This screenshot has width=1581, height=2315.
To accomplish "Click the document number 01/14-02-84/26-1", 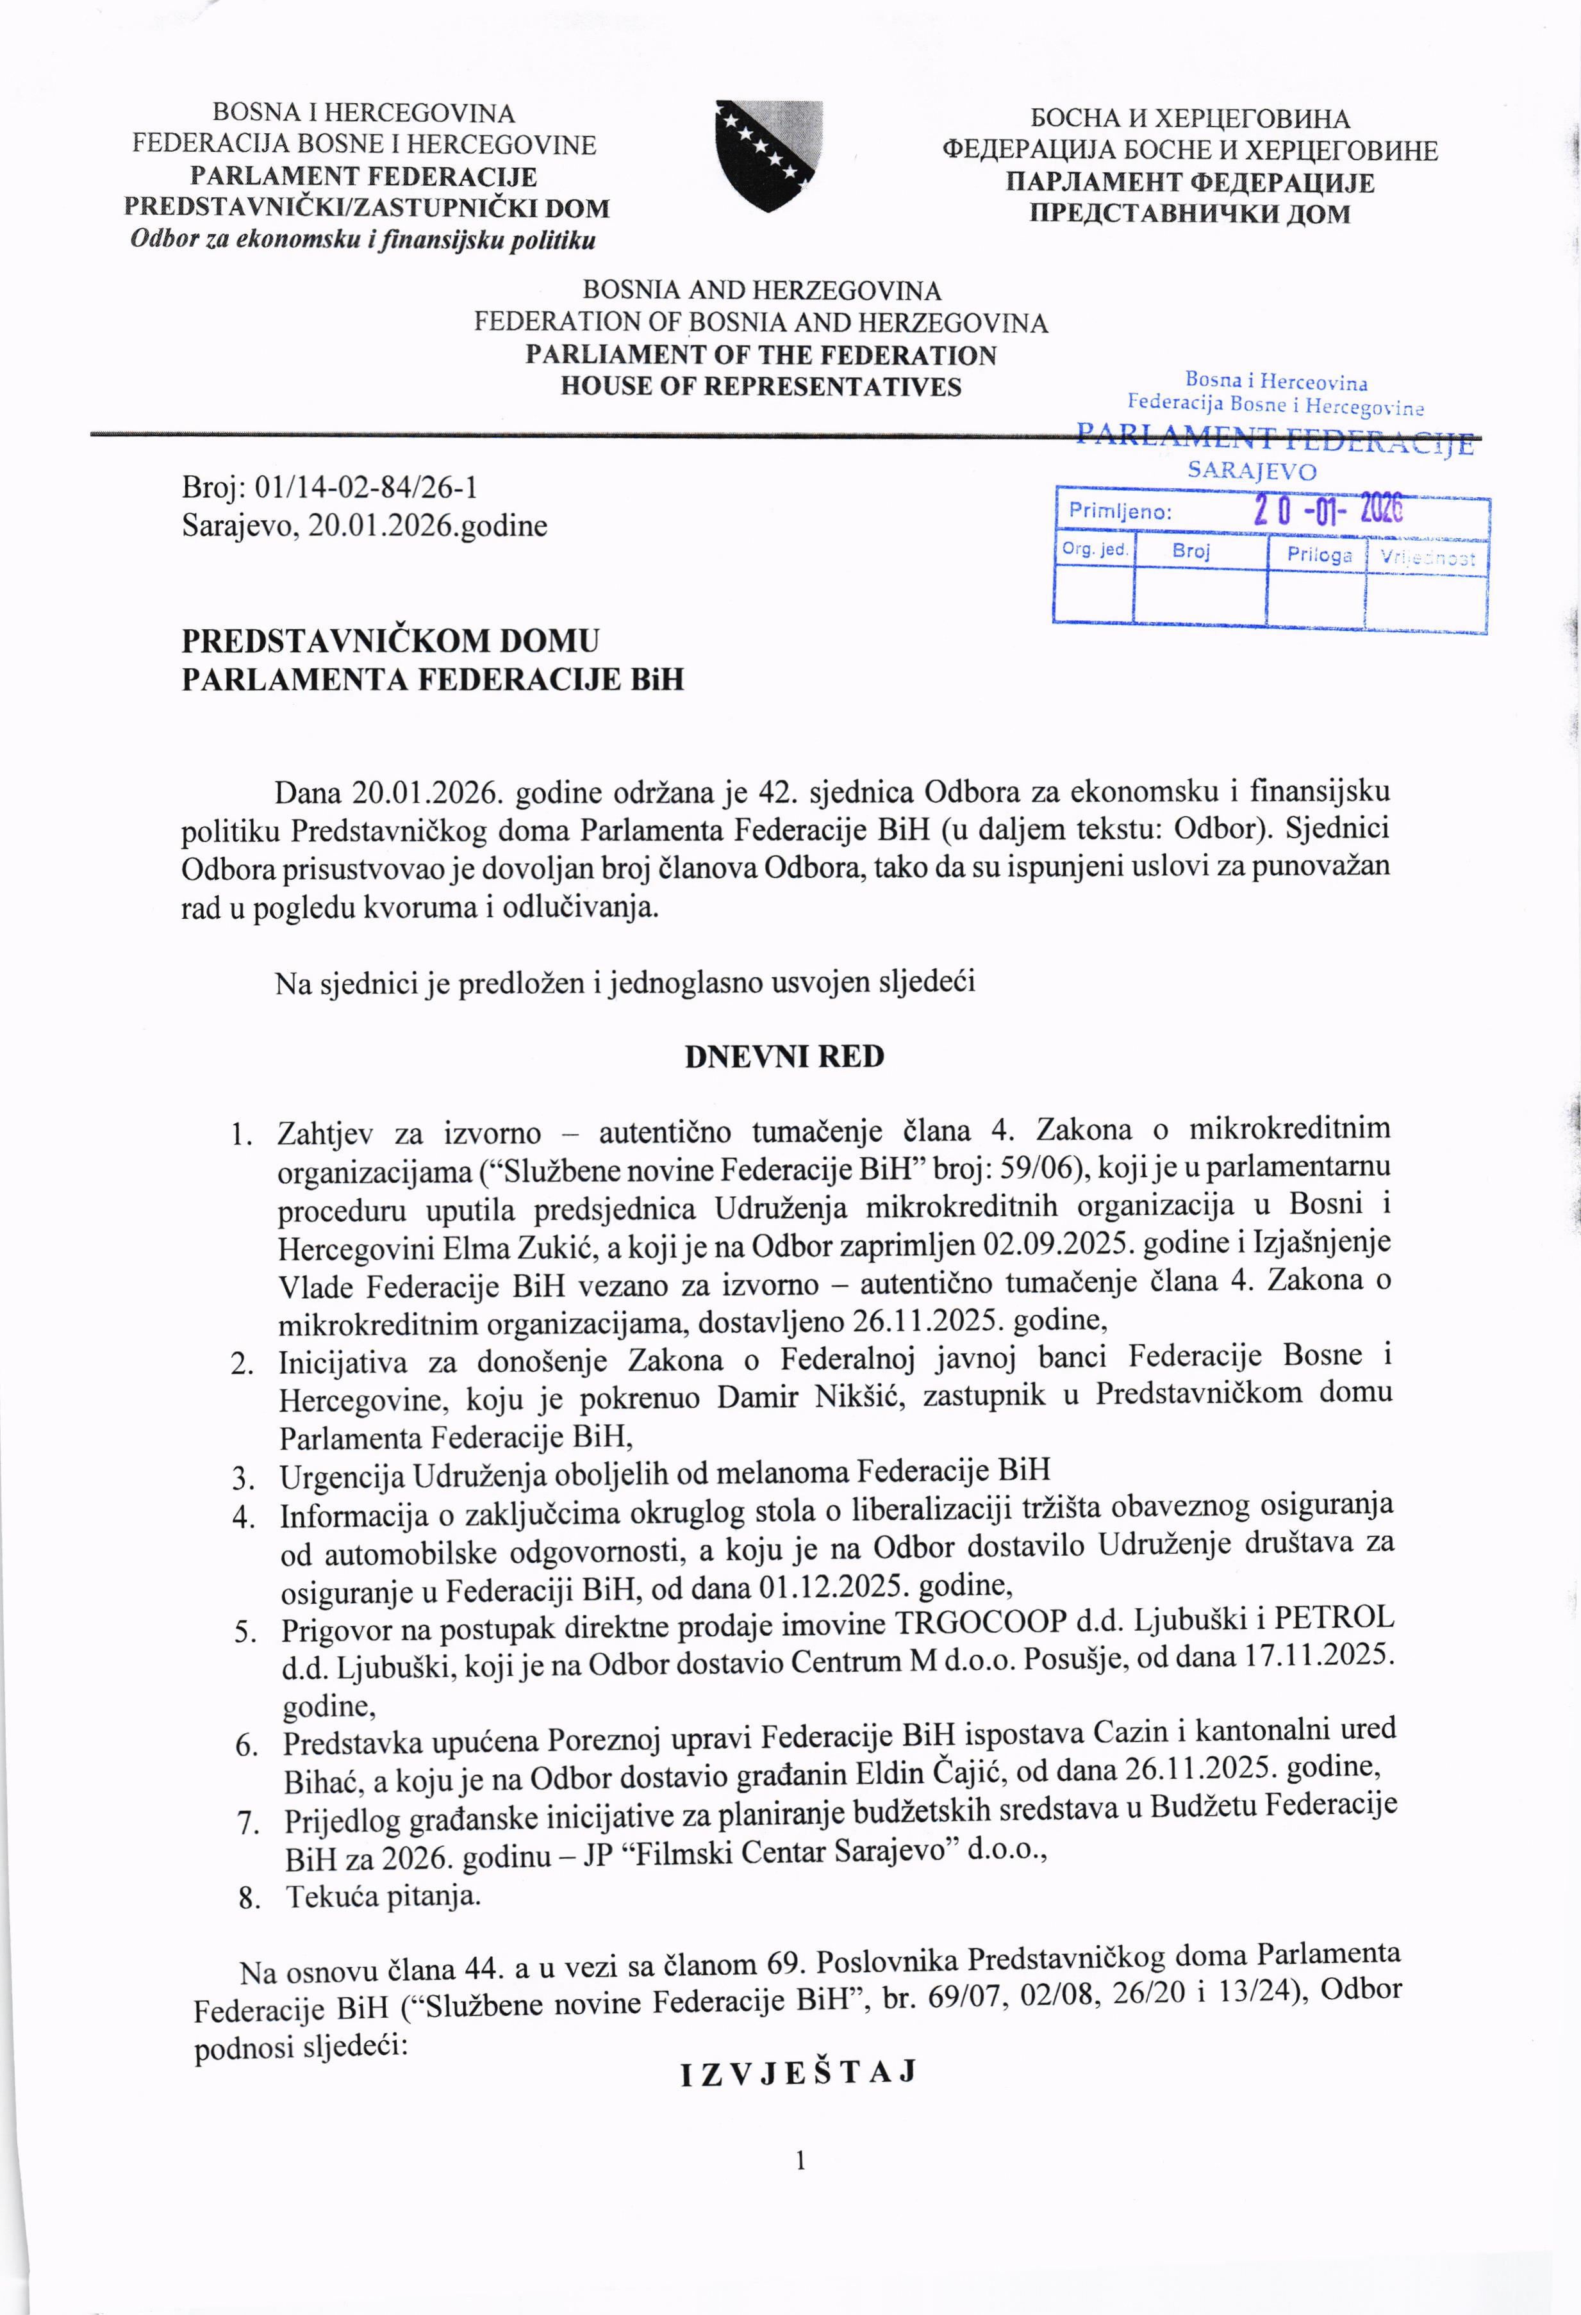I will point(367,486).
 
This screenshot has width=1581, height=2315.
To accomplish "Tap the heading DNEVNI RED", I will point(784,1057).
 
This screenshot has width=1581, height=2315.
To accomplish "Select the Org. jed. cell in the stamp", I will point(1094,550).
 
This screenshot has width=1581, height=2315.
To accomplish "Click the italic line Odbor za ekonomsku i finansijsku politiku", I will point(363,240).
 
